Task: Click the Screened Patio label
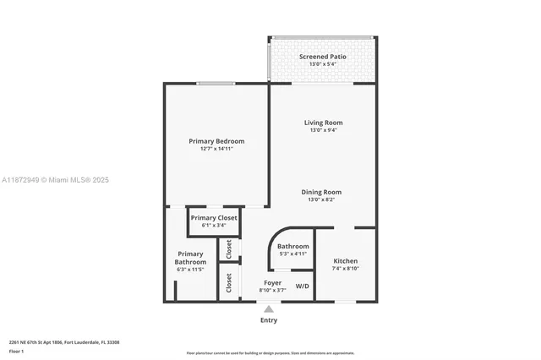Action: tap(323, 57)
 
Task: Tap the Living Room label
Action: tap(323, 123)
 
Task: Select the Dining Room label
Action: tap(322, 192)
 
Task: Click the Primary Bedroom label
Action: tap(216, 141)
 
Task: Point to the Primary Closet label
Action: tap(214, 218)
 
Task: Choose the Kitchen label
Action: tap(345, 260)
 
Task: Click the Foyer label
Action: tap(272, 283)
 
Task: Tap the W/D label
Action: tap(302, 286)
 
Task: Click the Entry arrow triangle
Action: tap(269, 309)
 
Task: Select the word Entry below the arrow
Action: tap(269, 320)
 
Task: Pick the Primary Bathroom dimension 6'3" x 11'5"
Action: tap(190, 270)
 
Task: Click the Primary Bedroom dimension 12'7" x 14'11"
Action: tap(216, 149)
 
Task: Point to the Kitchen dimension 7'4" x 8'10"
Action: tap(345, 268)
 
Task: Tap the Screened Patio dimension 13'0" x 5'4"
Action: tap(323, 64)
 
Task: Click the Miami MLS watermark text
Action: tap(55, 180)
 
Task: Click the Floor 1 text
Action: tap(16, 350)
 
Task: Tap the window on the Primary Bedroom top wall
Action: tap(216, 83)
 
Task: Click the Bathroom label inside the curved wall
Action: tap(292, 246)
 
